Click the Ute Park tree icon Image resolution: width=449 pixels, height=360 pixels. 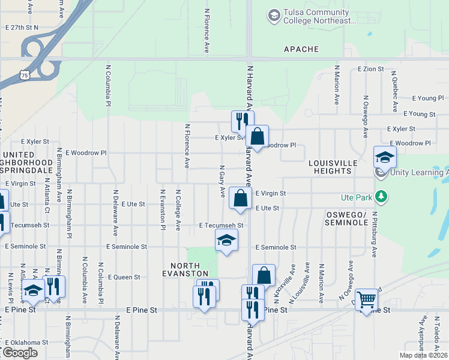(x=380, y=196)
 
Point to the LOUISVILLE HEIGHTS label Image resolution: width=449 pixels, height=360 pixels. (x=333, y=167)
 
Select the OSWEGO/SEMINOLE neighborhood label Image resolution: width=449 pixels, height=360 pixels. (x=346, y=218)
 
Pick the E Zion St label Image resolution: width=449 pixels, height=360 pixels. (x=370, y=69)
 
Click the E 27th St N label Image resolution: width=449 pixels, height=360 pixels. (x=21, y=28)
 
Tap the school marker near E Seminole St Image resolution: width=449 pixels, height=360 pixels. (x=226, y=240)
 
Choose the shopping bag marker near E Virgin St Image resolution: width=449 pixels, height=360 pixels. (x=240, y=198)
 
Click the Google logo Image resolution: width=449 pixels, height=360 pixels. (x=20, y=353)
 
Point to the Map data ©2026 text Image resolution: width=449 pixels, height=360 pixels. (x=423, y=355)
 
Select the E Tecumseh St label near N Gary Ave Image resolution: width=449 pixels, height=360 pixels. (x=221, y=226)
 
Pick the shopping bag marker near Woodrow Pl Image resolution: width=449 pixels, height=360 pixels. (x=257, y=136)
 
